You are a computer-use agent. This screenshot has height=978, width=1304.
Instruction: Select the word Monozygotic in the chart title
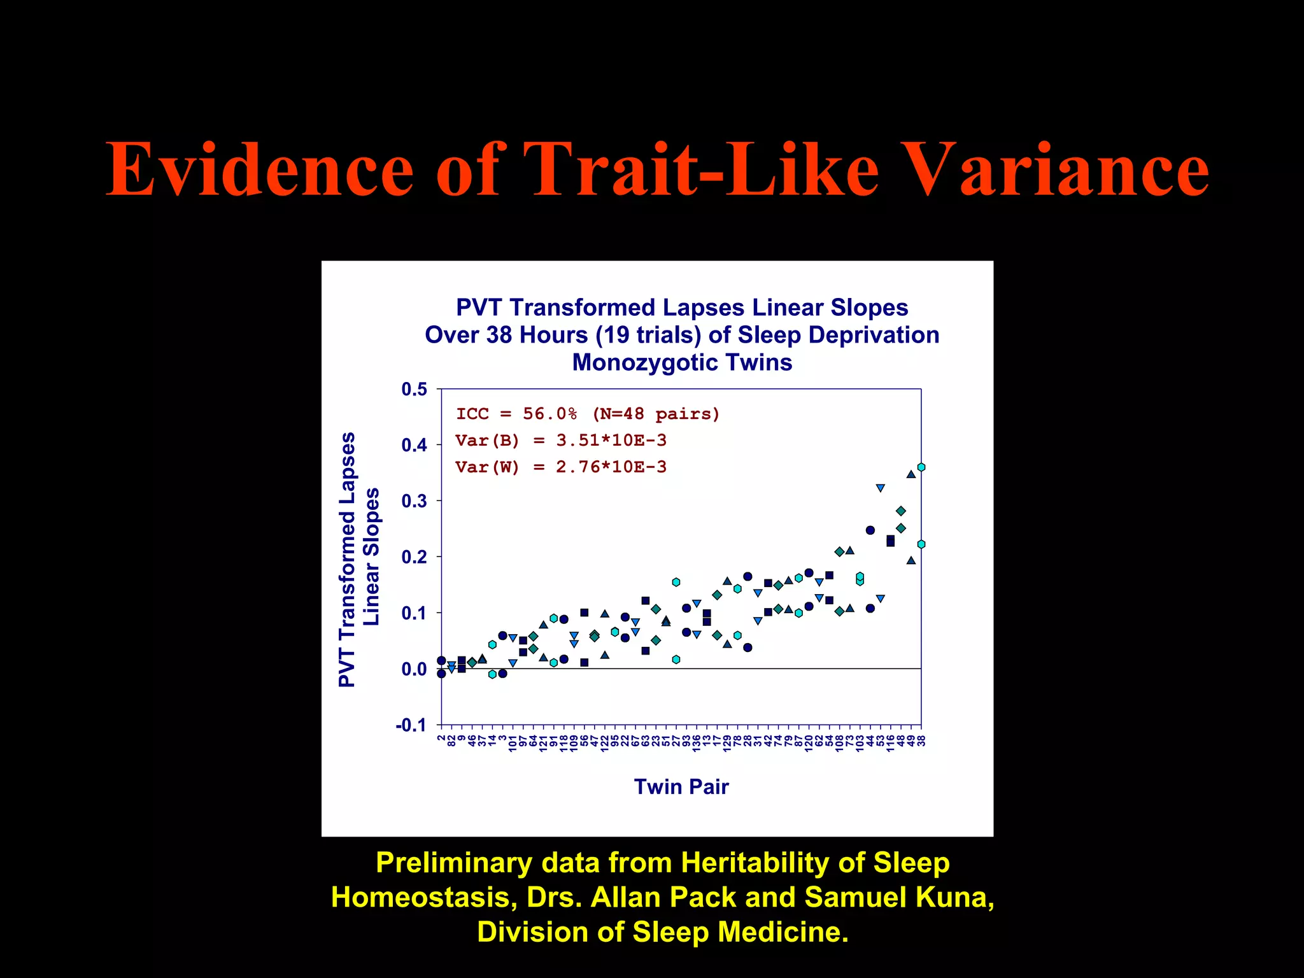[640, 362]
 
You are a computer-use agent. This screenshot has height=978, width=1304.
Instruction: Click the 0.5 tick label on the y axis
[414, 389]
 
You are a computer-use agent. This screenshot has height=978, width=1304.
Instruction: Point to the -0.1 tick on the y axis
[411, 725]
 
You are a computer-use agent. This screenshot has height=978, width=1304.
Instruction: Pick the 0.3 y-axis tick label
[414, 501]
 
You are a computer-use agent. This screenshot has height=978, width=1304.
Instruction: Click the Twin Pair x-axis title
[681, 787]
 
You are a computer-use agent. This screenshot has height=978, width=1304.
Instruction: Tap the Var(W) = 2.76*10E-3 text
[561, 467]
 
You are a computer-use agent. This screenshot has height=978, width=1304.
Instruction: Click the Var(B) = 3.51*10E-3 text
[561, 441]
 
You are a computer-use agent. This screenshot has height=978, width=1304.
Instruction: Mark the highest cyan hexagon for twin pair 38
[921, 467]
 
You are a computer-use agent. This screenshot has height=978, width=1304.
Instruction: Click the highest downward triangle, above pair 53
[880, 488]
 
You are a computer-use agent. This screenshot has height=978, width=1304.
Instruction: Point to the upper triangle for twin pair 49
[911, 474]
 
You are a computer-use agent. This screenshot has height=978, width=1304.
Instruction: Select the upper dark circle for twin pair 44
[870, 530]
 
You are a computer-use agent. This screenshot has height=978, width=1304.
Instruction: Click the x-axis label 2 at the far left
[441, 738]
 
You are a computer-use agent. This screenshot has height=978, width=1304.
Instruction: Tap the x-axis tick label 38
[921, 741]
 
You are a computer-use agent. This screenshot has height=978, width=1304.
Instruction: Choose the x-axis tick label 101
[513, 743]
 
